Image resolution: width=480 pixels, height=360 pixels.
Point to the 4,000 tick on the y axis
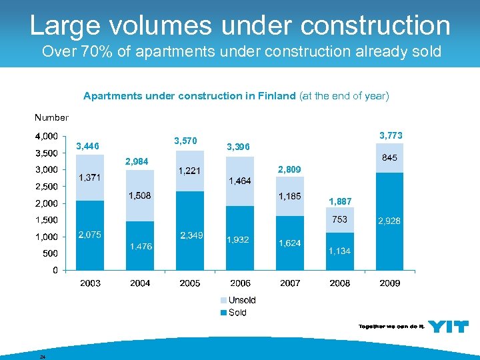coord(45,136)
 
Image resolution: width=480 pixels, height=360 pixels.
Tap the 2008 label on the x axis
coord(340,283)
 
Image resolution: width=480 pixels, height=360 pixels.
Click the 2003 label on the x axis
coord(90,283)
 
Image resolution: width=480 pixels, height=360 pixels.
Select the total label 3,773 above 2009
coord(390,136)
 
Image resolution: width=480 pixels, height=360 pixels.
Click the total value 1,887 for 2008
coord(340,201)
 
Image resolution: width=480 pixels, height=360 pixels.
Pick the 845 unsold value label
coord(390,158)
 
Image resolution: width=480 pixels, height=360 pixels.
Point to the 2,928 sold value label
coord(390,221)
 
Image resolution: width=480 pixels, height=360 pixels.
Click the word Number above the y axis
coord(51,117)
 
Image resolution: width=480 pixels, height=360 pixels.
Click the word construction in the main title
coord(375,25)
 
